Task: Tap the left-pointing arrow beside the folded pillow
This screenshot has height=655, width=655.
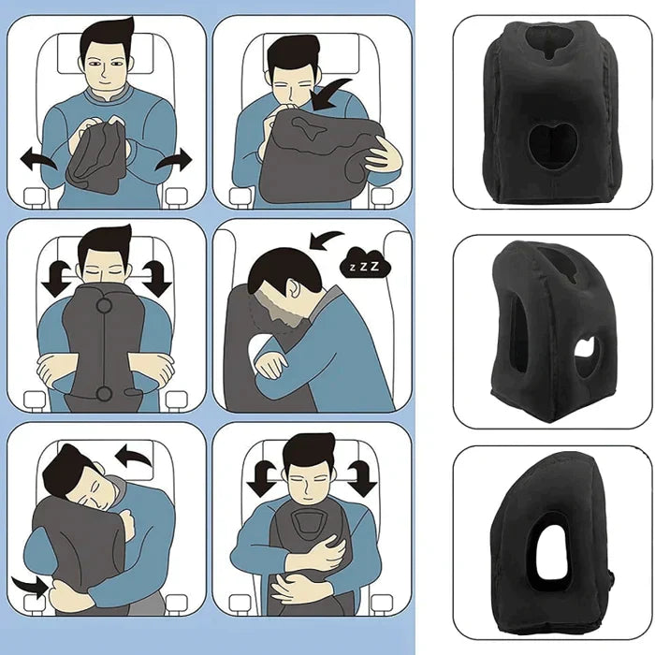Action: [x=38, y=161]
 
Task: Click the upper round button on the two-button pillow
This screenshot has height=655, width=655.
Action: [x=105, y=305]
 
